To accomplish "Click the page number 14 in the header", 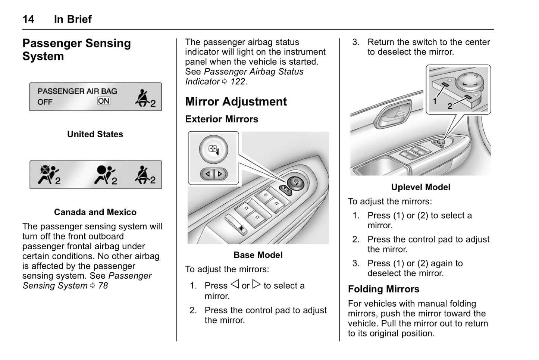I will click(x=28, y=19).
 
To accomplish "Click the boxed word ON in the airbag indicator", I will click(x=104, y=101).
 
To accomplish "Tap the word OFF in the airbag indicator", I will click(x=45, y=102).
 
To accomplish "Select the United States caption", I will click(x=95, y=134).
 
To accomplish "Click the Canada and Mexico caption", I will click(x=95, y=212).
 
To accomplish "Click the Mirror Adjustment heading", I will click(x=236, y=101).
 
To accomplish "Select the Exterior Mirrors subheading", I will click(x=222, y=119).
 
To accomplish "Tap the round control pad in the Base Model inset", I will click(x=213, y=150).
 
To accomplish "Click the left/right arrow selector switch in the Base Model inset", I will click(x=214, y=174).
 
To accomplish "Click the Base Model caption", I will click(x=258, y=255).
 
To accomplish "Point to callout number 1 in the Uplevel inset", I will click(x=435, y=101).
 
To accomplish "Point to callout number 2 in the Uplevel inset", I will click(x=450, y=106).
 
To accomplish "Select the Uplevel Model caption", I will click(x=420, y=187).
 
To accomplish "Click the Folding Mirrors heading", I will click(x=383, y=289).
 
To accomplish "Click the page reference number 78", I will click(x=103, y=286).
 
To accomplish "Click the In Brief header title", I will click(x=73, y=19).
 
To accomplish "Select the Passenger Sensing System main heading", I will click(x=76, y=50).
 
